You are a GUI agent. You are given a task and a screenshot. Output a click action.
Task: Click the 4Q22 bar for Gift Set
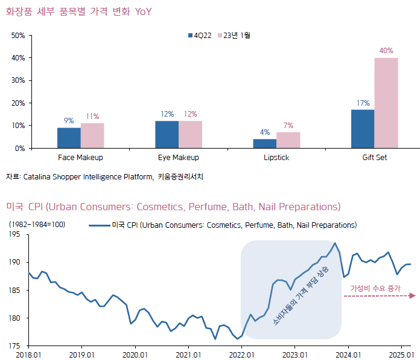[x=363, y=129]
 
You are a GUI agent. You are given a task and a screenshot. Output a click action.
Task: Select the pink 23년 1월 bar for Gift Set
[x=386, y=103]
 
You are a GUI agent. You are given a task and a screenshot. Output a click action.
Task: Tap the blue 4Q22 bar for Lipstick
[x=264, y=143]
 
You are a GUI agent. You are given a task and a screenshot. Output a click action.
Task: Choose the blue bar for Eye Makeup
[x=167, y=134]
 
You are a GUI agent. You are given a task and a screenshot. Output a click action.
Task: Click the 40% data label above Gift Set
[x=386, y=51]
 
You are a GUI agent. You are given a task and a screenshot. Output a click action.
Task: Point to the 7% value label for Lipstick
[x=288, y=126]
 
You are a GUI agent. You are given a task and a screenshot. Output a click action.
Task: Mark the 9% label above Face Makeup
[x=69, y=121]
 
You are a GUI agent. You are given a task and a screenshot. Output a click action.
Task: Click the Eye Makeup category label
[x=179, y=158]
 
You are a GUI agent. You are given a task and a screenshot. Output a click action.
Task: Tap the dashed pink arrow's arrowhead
[x=413, y=295]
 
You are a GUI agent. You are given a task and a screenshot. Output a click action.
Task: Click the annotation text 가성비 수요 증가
[x=375, y=289]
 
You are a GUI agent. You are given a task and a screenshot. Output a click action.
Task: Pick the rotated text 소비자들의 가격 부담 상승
[x=301, y=297]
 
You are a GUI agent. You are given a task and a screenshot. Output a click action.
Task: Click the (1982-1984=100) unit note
[x=37, y=225]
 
